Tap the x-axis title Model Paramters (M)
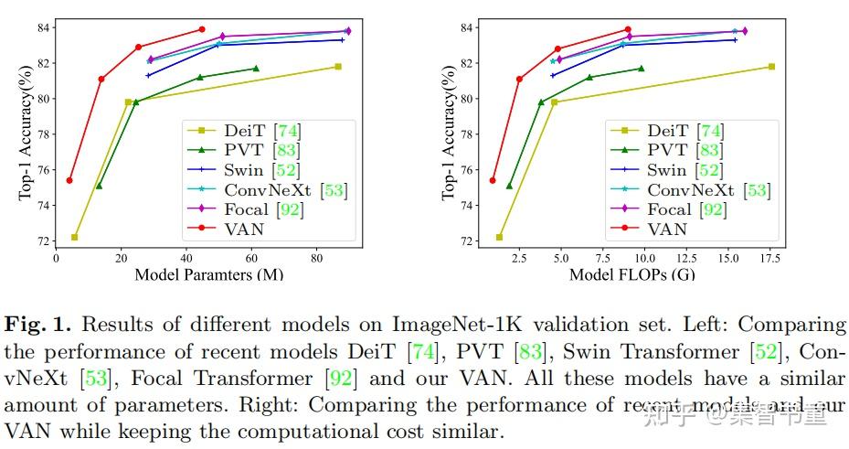click(208, 273)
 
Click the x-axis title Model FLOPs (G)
click(631, 273)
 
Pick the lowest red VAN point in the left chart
click(69, 180)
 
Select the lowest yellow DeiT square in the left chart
click(74, 237)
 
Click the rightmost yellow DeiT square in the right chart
click(771, 67)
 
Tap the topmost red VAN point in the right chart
click(628, 29)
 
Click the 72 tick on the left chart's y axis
click(43, 241)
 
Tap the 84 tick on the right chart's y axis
click(466, 27)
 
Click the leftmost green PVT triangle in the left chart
click(99, 186)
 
